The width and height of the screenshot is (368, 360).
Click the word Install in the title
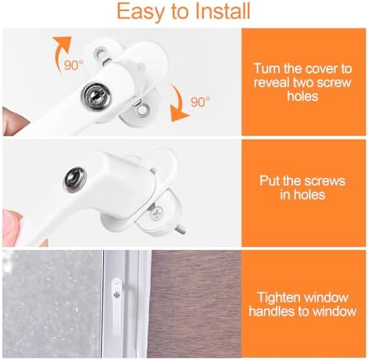click(223, 11)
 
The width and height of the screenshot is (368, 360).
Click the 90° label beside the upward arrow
click(74, 65)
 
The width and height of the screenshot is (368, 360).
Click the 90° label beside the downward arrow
click(201, 102)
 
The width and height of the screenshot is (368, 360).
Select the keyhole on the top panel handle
click(96, 95)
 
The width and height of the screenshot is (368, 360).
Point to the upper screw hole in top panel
click(101, 52)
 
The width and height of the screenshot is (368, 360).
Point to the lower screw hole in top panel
click(142, 110)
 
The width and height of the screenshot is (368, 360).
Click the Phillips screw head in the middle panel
click(156, 213)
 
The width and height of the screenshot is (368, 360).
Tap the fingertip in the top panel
click(15, 120)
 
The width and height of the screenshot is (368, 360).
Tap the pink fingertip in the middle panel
click(11, 223)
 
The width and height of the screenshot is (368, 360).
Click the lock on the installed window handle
click(117, 295)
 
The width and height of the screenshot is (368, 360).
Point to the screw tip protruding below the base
click(182, 230)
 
